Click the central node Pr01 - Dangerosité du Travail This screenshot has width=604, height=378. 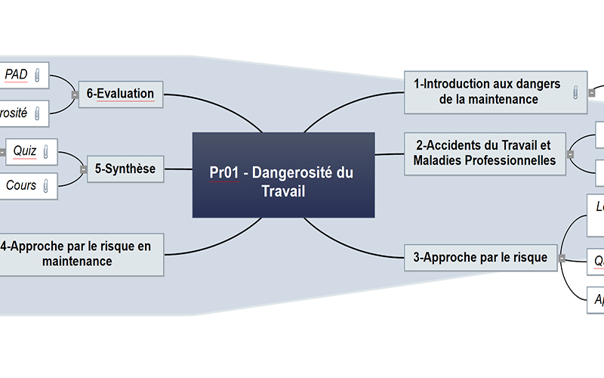point(283,175)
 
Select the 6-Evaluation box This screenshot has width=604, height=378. point(120,94)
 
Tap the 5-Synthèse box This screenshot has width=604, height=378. point(125,169)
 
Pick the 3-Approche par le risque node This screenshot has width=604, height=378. point(480,258)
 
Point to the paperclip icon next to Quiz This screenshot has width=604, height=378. point(46,151)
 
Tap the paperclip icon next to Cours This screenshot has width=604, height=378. point(46,185)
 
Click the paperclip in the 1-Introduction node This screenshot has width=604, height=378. point(576,91)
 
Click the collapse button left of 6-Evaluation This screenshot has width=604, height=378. point(74,94)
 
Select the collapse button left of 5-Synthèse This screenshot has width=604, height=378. point(82,169)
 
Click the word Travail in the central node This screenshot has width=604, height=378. point(283,191)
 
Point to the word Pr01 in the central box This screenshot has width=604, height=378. point(224,173)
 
